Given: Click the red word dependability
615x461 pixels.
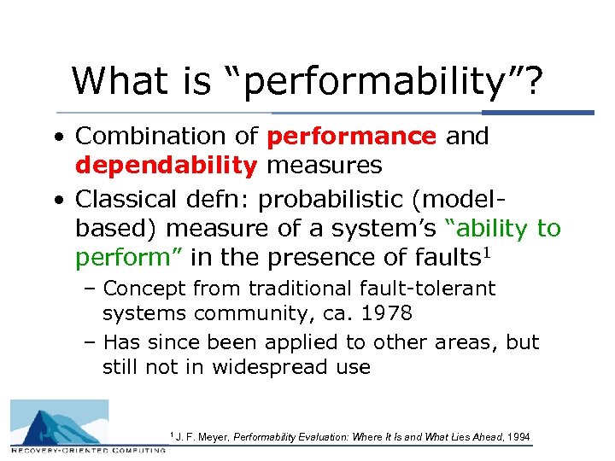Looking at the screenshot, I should pos(166,164).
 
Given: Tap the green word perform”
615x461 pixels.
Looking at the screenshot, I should pos(128,257).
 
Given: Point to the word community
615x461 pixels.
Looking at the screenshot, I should pos(247,313).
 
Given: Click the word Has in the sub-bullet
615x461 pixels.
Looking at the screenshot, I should pos(120,342).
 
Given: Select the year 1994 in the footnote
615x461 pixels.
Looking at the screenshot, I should pos(518,437).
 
